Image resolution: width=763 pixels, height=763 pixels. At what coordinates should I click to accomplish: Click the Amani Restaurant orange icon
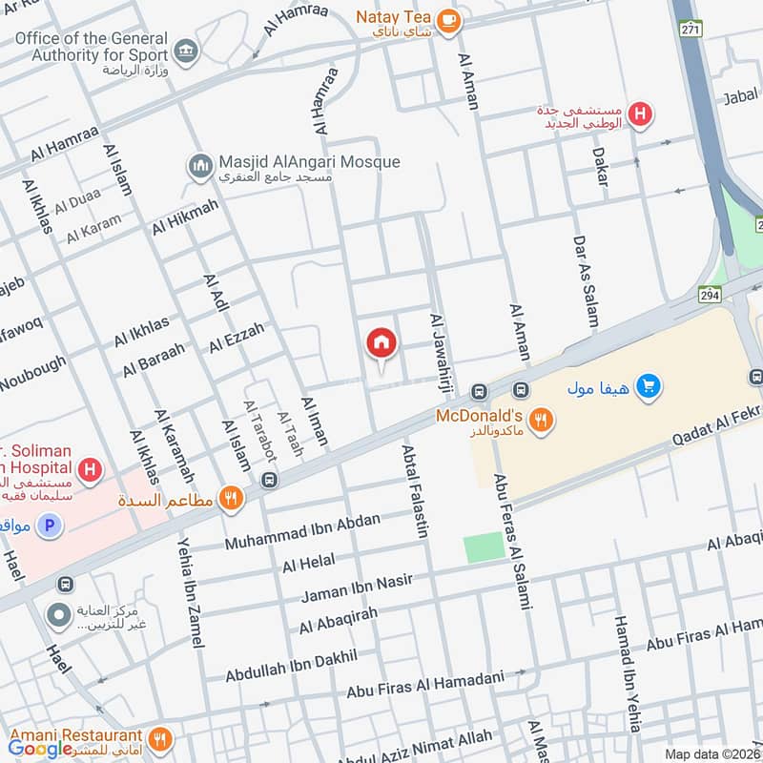159,736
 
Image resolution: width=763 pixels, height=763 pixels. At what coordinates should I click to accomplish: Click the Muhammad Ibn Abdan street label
302,532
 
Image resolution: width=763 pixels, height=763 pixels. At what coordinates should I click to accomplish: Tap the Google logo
41,750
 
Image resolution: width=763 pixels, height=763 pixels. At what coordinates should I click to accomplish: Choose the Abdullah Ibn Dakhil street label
291,666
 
